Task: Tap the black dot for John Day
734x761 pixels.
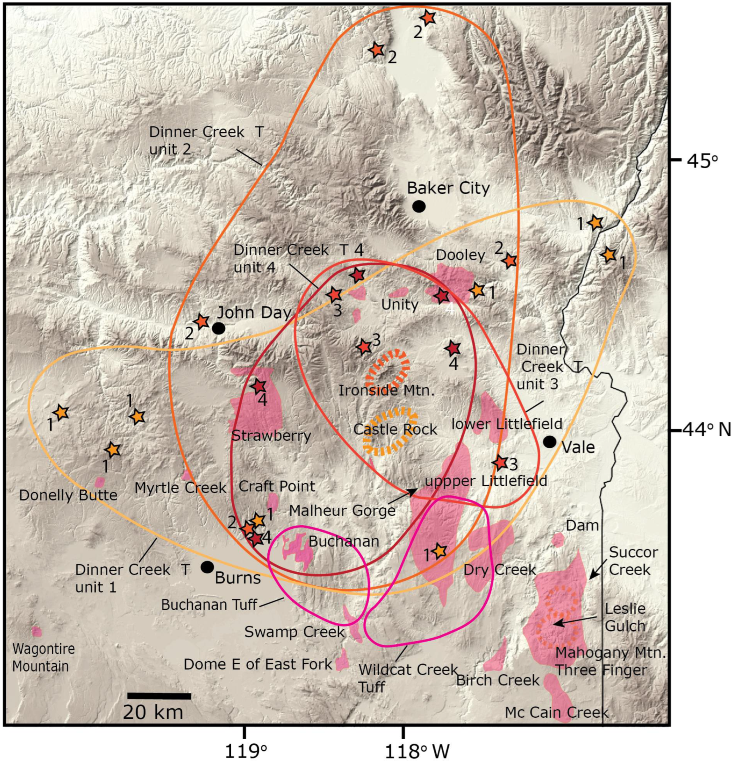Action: click(x=219, y=328)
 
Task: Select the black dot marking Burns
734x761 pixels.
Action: click(x=207, y=567)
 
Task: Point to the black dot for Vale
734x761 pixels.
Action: click(x=549, y=441)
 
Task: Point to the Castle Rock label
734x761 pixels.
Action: click(x=395, y=430)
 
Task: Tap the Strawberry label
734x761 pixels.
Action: click(x=271, y=436)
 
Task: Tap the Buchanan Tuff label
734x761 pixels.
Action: click(x=209, y=605)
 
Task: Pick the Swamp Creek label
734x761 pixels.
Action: click(x=295, y=632)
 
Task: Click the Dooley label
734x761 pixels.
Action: click(x=461, y=255)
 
